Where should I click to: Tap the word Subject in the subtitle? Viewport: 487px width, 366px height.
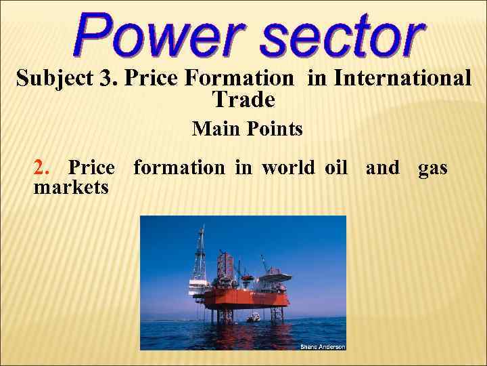pyautogui.click(x=55, y=79)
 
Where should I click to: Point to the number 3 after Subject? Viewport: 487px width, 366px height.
pyautogui.click(x=106, y=79)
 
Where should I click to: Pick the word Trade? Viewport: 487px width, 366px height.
pyautogui.click(x=243, y=100)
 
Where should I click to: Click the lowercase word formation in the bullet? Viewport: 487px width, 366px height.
pyautogui.click(x=179, y=167)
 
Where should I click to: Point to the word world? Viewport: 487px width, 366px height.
pyautogui.click(x=287, y=167)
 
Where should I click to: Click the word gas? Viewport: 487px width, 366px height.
pyautogui.click(x=432, y=167)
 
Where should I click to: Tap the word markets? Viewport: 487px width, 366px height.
pyautogui.click(x=70, y=186)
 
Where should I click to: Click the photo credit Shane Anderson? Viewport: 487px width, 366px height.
pyautogui.click(x=322, y=346)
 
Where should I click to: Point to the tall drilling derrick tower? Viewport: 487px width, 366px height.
pyautogui.click(x=200, y=258)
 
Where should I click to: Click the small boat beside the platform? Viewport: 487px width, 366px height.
pyautogui.click(x=254, y=317)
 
